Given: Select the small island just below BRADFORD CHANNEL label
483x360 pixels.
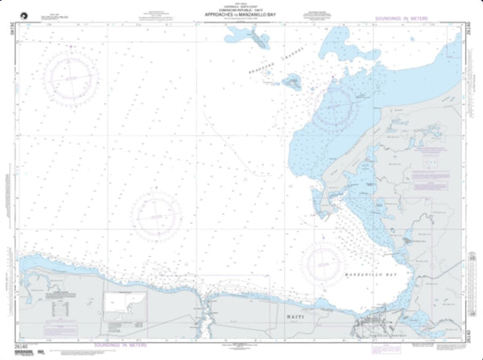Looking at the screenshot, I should coord(291,81).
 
